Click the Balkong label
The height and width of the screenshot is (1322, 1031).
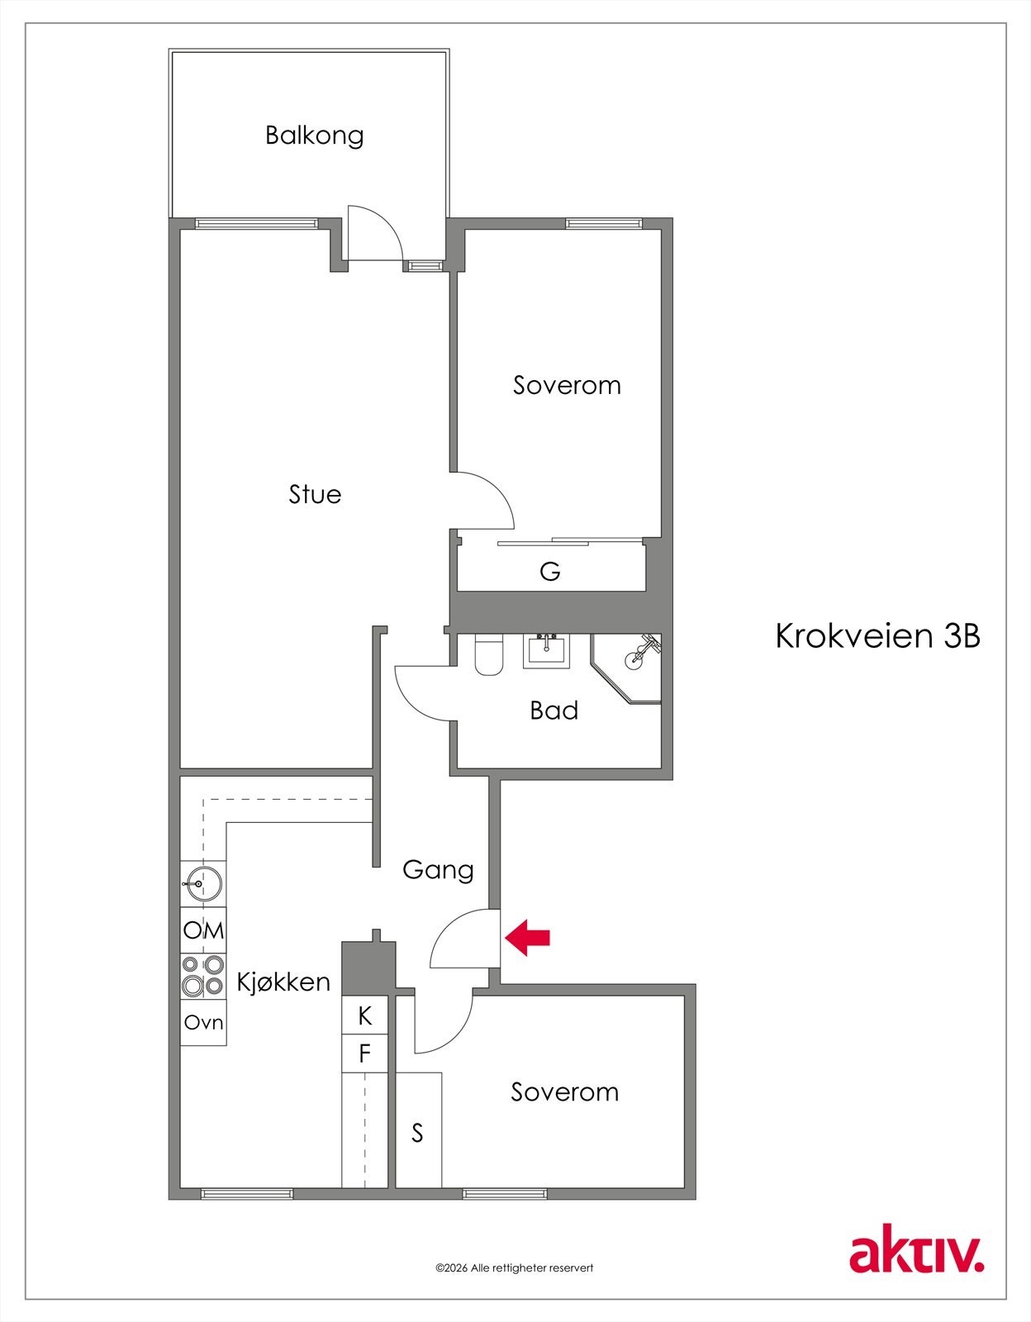tap(314, 135)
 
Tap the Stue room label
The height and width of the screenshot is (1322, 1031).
tap(315, 494)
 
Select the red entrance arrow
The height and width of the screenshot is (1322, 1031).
tap(528, 938)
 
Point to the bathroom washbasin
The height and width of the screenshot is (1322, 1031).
tap(546, 650)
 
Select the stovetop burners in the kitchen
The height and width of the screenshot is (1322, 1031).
tap(203, 975)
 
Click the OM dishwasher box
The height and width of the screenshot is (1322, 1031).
tap(203, 930)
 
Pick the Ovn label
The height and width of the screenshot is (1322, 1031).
tap(203, 1022)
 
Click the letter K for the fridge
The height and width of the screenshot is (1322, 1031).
tap(364, 1015)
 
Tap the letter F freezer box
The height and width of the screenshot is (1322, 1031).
tap(364, 1053)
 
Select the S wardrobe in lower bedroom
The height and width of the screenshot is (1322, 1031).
tap(418, 1133)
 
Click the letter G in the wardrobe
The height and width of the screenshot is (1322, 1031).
tap(549, 571)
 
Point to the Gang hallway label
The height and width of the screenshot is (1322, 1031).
tap(438, 870)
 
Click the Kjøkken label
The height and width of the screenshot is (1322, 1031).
tap(283, 982)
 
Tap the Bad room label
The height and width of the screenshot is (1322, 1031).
tap(554, 711)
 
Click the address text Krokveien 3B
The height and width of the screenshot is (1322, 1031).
tap(877, 636)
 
